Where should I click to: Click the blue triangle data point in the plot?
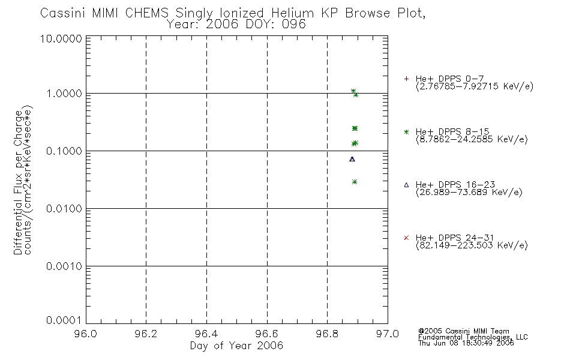[x=352, y=159]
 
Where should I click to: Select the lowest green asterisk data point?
[x=355, y=182]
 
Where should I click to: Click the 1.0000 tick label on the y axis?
[x=64, y=94]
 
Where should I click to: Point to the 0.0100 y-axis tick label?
[x=64, y=209]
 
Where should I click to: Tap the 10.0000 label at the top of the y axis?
[x=61, y=38]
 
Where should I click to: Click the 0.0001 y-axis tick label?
[x=64, y=320]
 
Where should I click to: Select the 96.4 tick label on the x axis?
[x=206, y=334]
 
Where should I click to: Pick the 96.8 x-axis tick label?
[x=327, y=334]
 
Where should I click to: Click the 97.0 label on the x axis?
[x=388, y=334]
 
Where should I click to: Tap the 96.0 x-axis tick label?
[x=86, y=334]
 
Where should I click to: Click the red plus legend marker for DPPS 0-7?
[x=406, y=79]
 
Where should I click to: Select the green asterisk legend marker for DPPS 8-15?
[x=406, y=132]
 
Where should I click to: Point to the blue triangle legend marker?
[x=406, y=185]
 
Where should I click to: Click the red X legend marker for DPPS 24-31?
[x=406, y=238]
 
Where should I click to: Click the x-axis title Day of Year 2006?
[x=236, y=346]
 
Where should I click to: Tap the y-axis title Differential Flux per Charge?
[x=18, y=182]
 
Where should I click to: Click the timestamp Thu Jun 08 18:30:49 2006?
[x=466, y=343]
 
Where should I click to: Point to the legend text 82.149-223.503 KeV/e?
[x=472, y=245]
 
